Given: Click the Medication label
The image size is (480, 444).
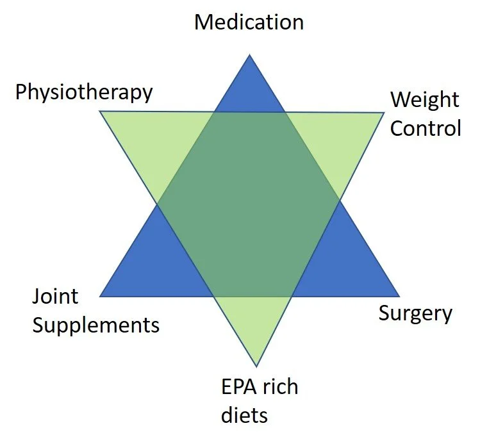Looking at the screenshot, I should pos(249,22).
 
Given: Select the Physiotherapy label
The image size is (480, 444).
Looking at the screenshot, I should pos(84,92).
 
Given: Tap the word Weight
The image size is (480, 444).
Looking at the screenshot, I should pos(425,100).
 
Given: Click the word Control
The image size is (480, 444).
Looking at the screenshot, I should pos(426,128).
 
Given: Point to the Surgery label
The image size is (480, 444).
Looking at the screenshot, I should pos(415,313).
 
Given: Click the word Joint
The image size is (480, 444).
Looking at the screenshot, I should pos(55,297).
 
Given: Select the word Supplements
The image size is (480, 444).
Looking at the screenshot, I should pos(95,325).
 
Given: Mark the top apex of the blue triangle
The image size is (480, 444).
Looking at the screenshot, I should pos(249,56).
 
